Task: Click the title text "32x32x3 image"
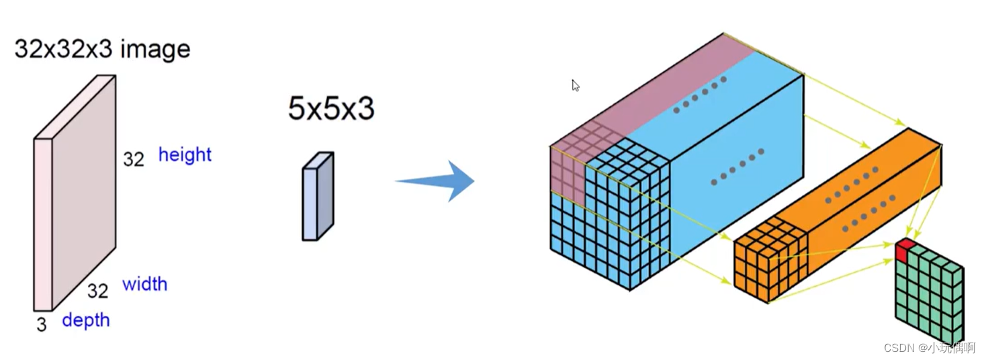click(102, 49)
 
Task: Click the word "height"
click(185, 154)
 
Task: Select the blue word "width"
click(144, 283)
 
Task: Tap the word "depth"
click(85, 320)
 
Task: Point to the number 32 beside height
click(134, 159)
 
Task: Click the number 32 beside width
click(97, 290)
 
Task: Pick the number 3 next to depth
click(42, 325)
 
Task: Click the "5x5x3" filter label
click(330, 109)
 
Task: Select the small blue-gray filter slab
click(318, 196)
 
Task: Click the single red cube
click(904, 251)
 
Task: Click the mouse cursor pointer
click(575, 85)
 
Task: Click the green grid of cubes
click(931, 296)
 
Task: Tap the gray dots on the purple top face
click(699, 94)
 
